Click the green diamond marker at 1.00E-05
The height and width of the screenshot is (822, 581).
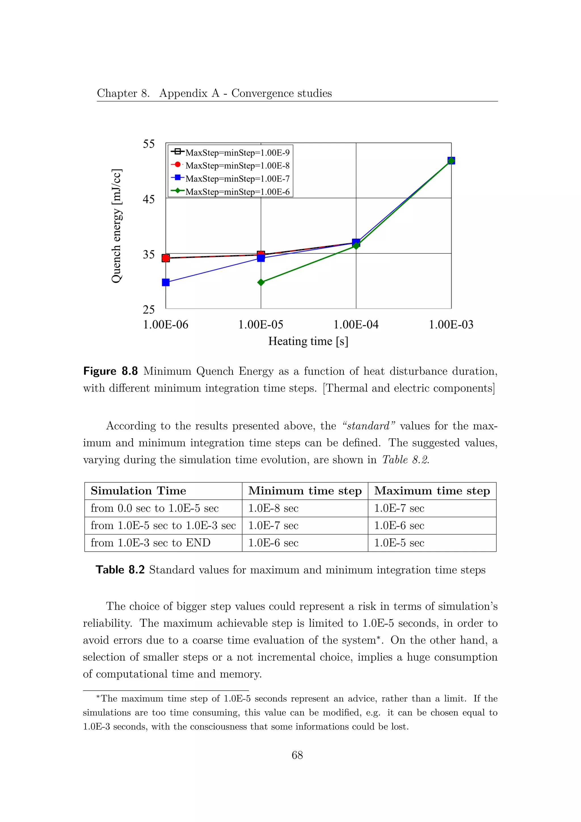click(261, 282)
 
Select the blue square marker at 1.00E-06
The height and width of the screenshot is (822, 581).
click(166, 282)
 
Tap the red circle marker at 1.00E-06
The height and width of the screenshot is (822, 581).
click(166, 258)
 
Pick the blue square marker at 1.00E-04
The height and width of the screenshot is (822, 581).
click(356, 242)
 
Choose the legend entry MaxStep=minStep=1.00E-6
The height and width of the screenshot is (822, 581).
click(237, 192)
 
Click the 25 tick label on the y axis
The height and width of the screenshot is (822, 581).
click(149, 310)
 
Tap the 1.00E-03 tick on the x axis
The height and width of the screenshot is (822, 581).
click(451, 325)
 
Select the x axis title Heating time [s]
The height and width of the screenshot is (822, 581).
click(308, 341)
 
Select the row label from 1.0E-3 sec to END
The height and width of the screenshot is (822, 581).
click(150, 543)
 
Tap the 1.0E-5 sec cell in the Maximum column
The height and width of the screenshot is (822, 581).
click(399, 543)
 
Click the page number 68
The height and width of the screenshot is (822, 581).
click(297, 755)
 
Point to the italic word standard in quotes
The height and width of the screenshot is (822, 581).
click(369, 426)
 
